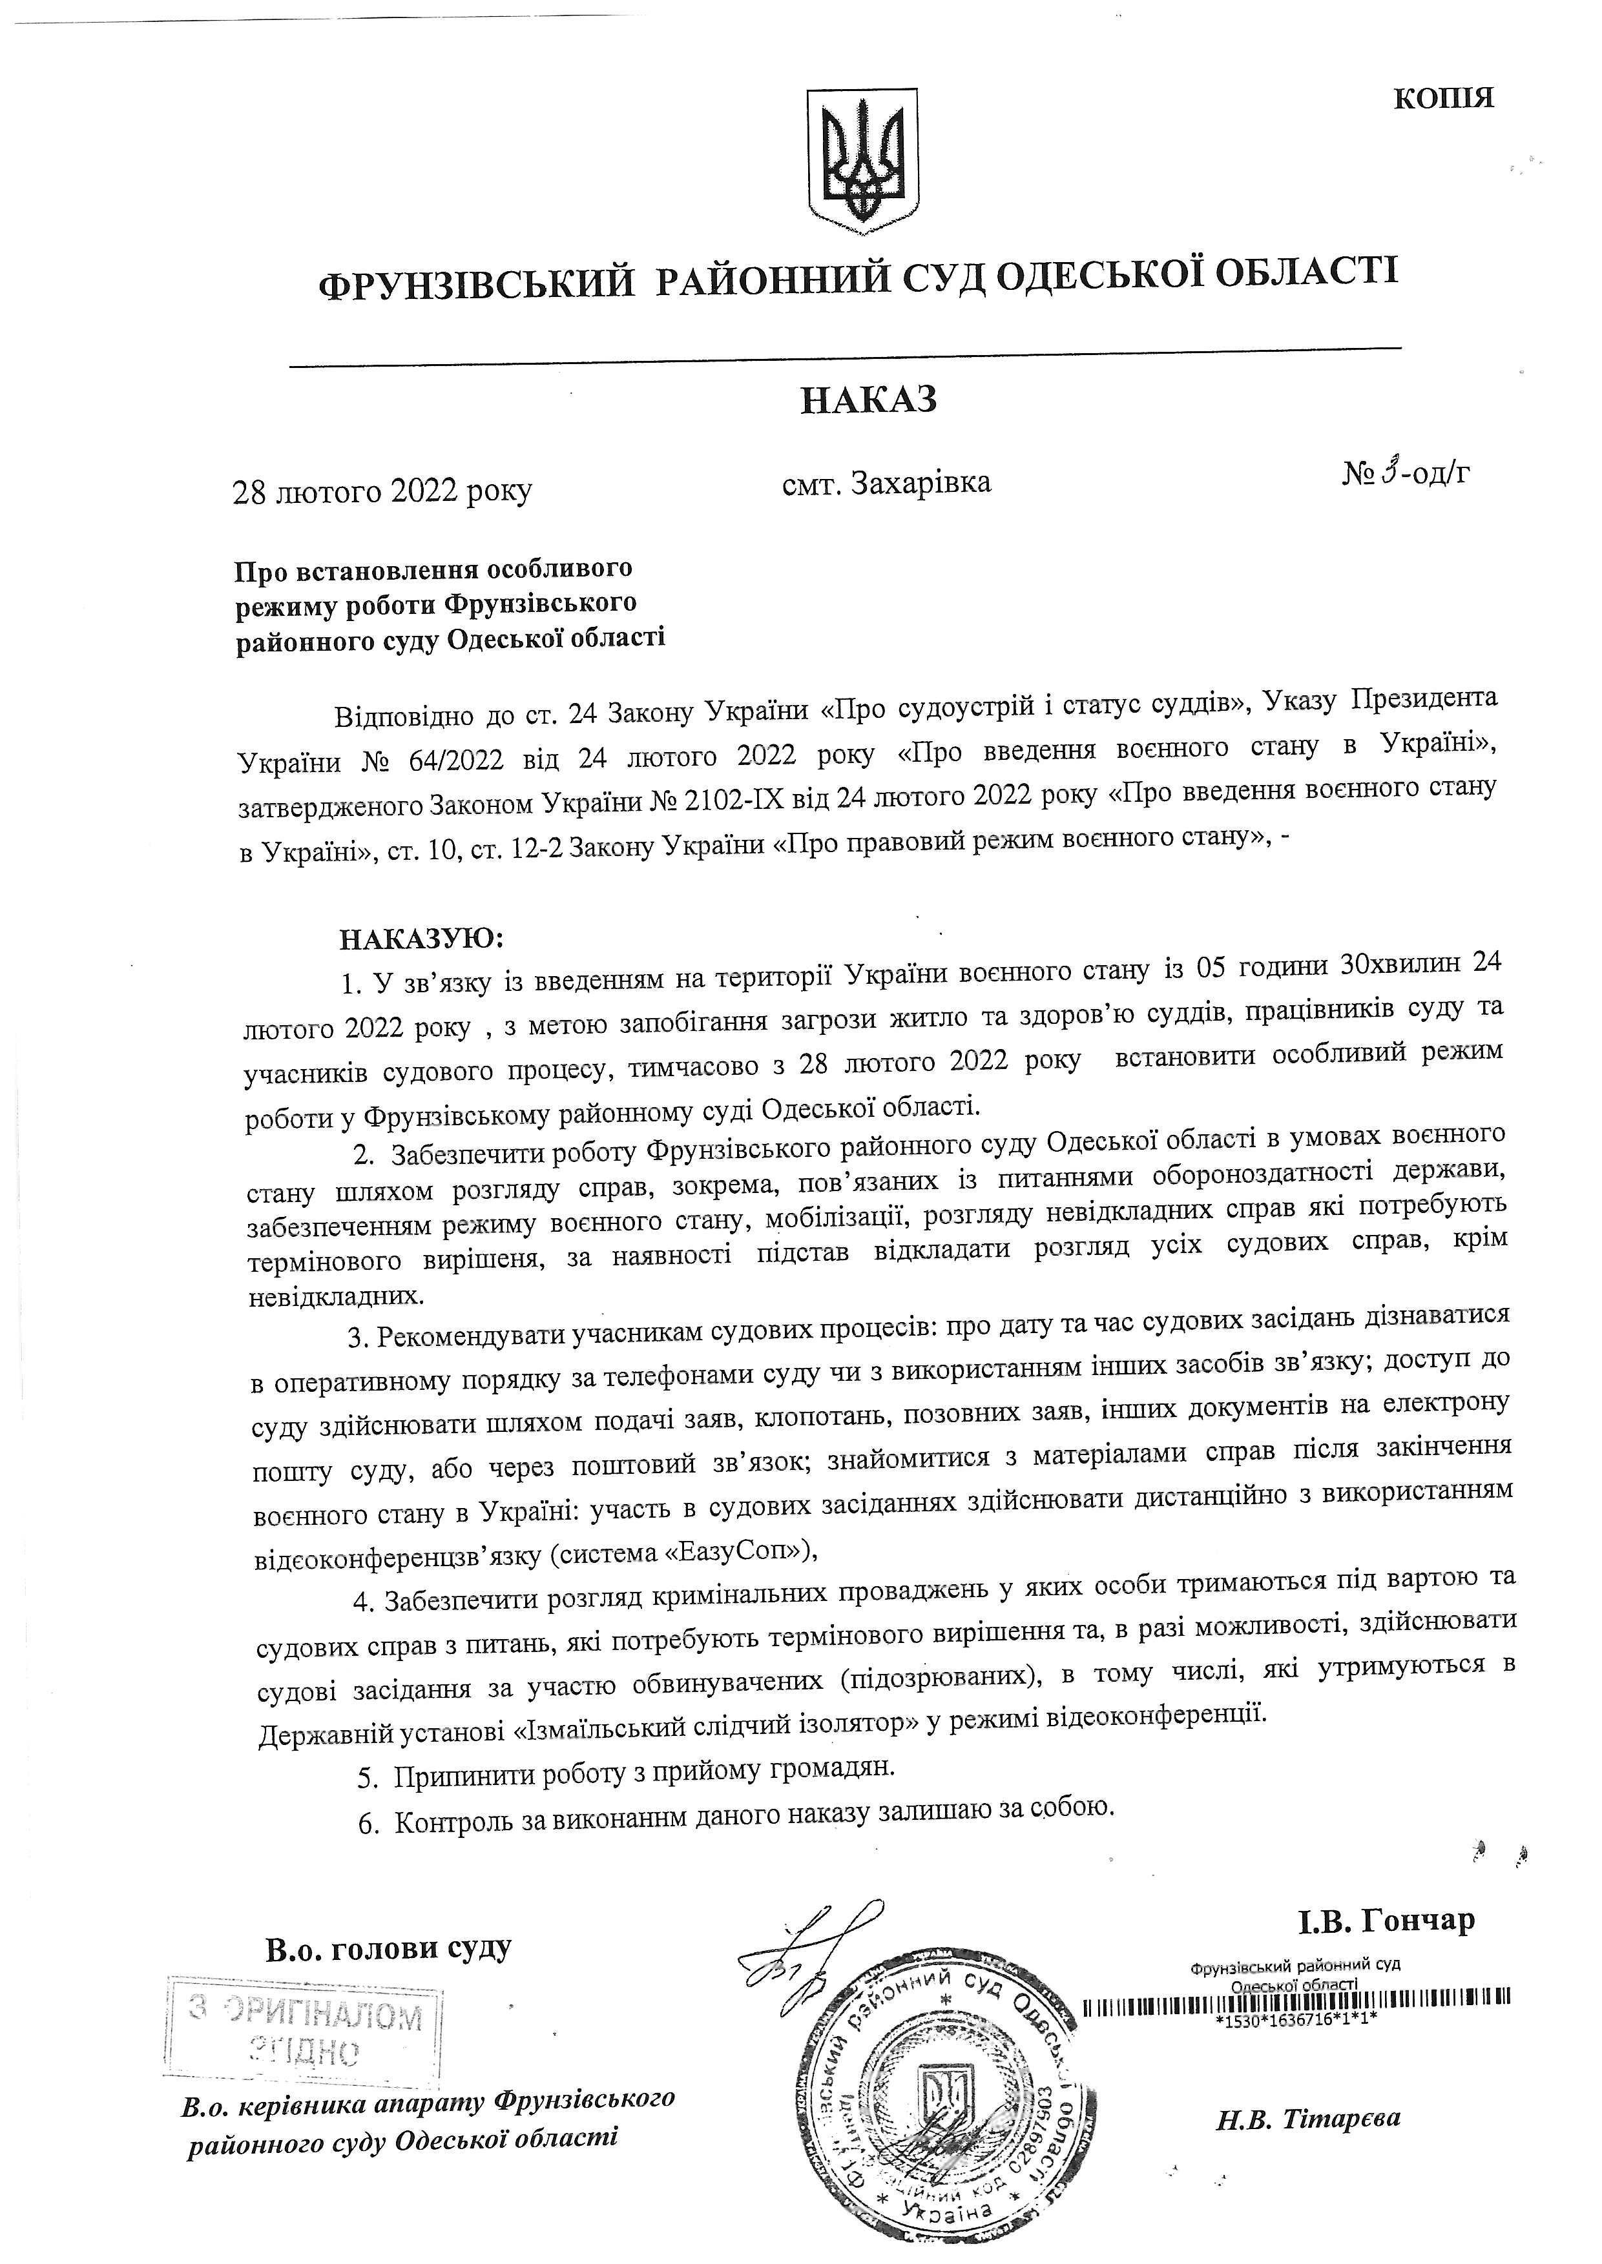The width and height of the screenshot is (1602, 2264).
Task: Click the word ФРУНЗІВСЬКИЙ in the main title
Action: coord(475,284)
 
